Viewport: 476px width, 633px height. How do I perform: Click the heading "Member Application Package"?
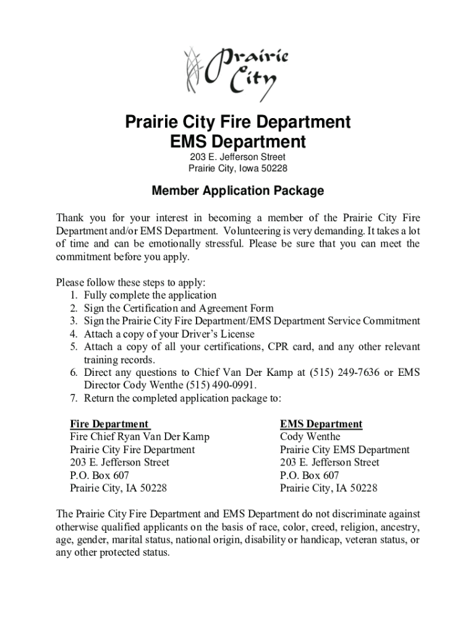[238, 191]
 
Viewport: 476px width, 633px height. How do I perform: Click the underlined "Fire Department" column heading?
[109, 424]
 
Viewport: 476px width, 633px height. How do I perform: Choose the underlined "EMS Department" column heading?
[321, 424]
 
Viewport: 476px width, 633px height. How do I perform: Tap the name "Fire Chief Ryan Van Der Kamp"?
[140, 437]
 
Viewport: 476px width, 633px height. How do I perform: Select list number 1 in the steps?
[73, 295]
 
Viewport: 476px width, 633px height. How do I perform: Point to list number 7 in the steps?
[73, 398]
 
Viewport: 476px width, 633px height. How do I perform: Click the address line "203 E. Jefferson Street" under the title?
[238, 157]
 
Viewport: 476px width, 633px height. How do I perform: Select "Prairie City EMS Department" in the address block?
[344, 450]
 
